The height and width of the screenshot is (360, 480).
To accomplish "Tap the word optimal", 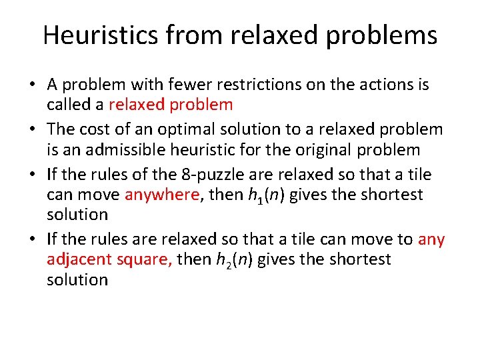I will [x=174, y=129].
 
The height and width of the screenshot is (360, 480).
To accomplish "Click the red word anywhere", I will [x=162, y=194].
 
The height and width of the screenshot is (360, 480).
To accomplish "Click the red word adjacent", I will [x=77, y=259].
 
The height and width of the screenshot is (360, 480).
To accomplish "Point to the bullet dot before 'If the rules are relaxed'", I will [x=31, y=239].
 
